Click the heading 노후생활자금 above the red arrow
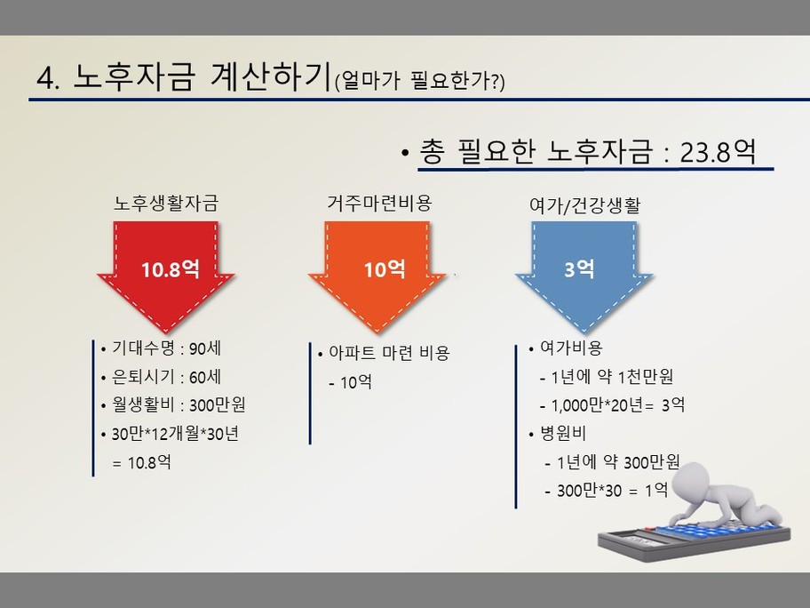[166, 203]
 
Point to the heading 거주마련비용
[379, 203]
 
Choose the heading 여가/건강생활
[584, 205]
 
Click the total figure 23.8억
[718, 152]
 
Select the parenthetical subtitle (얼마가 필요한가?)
[419, 81]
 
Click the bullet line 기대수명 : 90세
[166, 348]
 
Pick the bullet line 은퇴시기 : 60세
[166, 377]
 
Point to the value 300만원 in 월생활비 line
[217, 404]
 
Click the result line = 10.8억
[141, 461]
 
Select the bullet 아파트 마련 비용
[390, 353]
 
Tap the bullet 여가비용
[571, 348]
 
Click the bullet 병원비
[563, 433]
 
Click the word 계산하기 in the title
[270, 76]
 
